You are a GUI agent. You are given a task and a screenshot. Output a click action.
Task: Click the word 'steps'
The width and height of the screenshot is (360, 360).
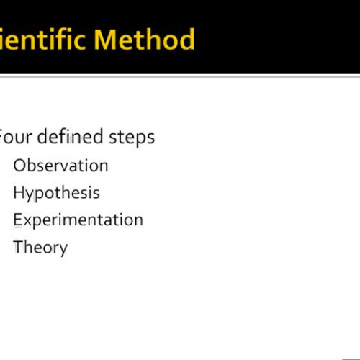(132, 137)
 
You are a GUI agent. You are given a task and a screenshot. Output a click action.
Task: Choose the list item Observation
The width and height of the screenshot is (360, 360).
(60, 165)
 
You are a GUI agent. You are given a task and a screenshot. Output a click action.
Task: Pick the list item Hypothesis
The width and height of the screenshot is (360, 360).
(56, 193)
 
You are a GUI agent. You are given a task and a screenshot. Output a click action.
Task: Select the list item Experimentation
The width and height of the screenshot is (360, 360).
(78, 220)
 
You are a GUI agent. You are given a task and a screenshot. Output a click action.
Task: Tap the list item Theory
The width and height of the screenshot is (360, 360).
(40, 248)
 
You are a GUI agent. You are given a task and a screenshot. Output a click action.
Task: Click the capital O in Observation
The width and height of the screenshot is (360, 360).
(19, 165)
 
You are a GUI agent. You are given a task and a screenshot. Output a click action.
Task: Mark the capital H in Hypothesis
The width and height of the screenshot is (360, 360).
(19, 192)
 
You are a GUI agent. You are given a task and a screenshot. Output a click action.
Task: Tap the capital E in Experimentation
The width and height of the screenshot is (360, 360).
(18, 220)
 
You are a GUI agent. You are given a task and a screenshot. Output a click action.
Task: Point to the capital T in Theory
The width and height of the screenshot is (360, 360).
(18, 247)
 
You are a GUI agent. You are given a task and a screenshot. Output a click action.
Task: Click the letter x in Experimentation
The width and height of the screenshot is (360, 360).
(27, 220)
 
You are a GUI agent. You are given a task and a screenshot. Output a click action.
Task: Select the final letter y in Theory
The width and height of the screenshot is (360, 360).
(63, 249)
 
